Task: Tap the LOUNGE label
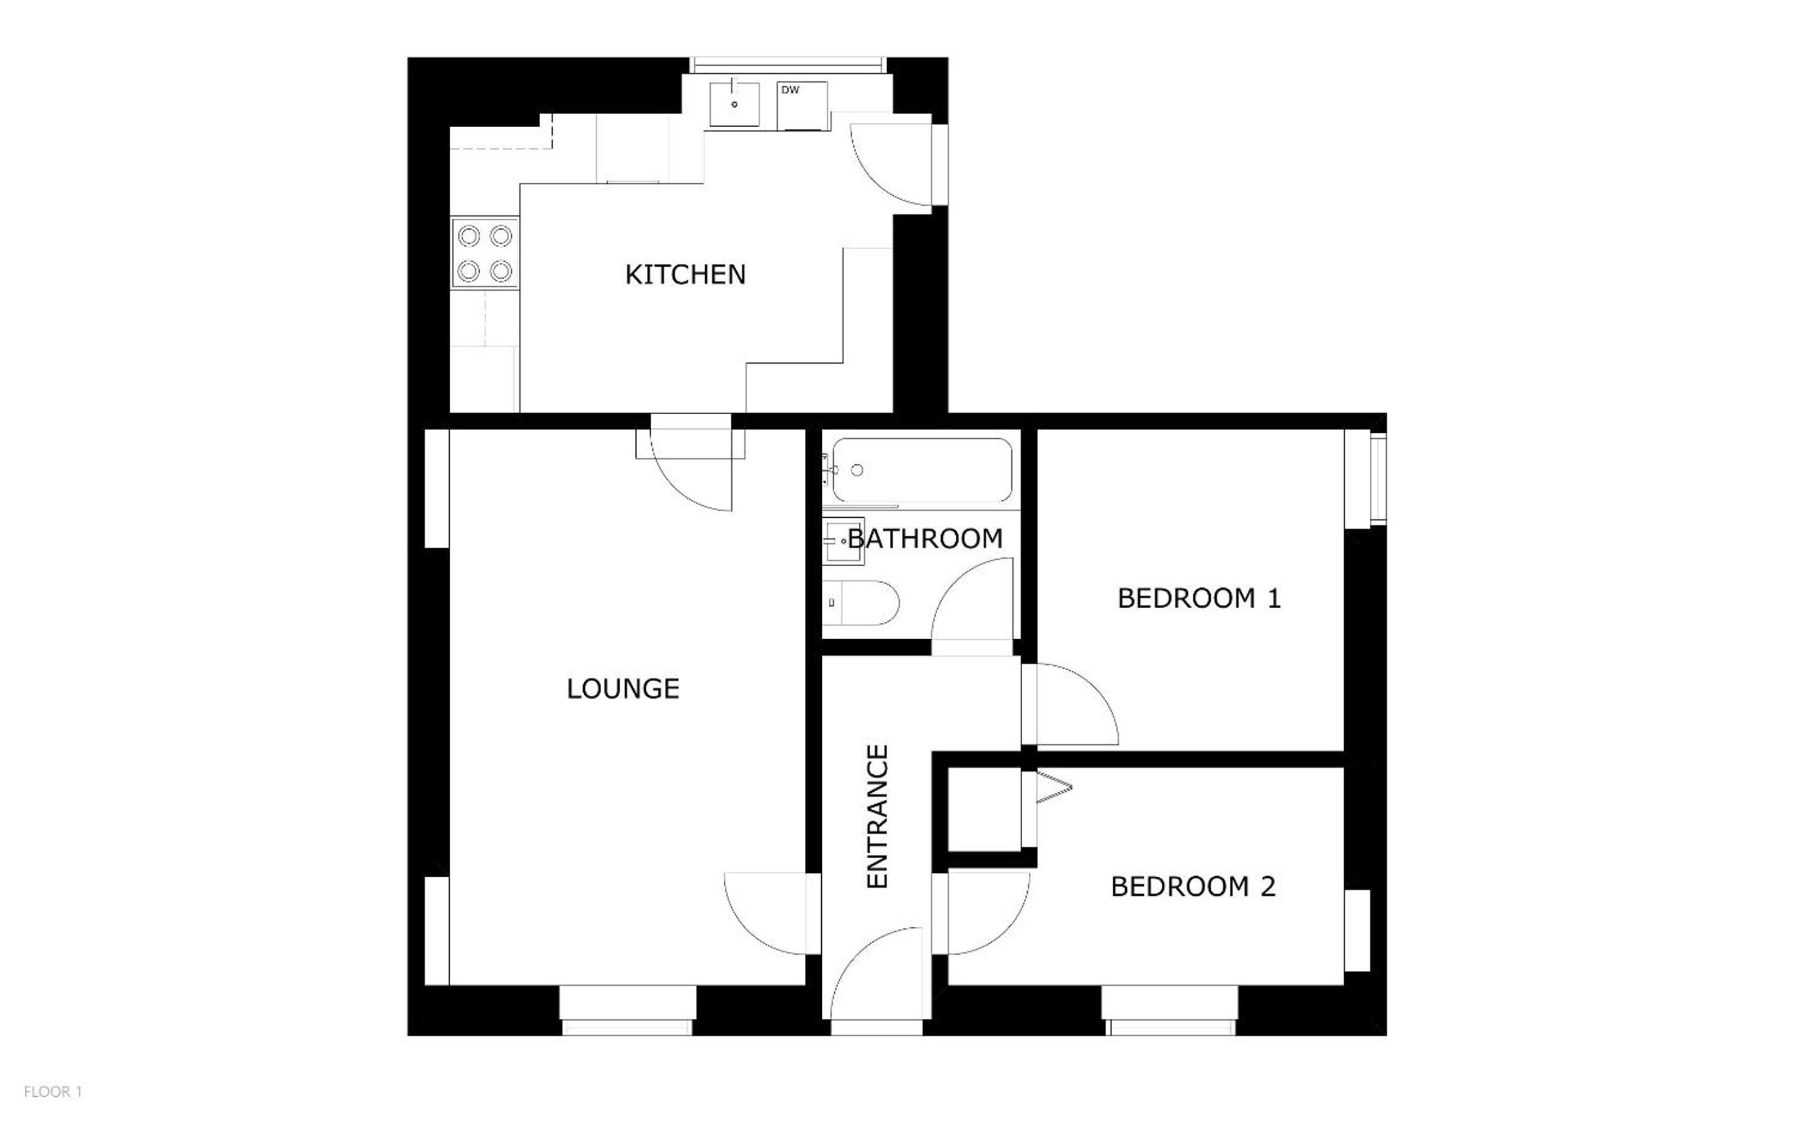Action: (x=623, y=689)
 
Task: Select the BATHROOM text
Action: (x=925, y=538)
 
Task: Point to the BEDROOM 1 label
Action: (x=1199, y=598)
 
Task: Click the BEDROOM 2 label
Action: (x=1193, y=887)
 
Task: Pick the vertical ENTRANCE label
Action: (x=877, y=817)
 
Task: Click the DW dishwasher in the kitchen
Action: (x=802, y=106)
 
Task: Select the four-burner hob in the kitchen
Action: (x=485, y=254)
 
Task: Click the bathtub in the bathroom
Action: (x=922, y=471)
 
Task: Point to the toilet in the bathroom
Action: (x=861, y=603)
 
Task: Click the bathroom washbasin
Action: (x=844, y=541)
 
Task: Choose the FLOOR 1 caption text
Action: (x=53, y=1092)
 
